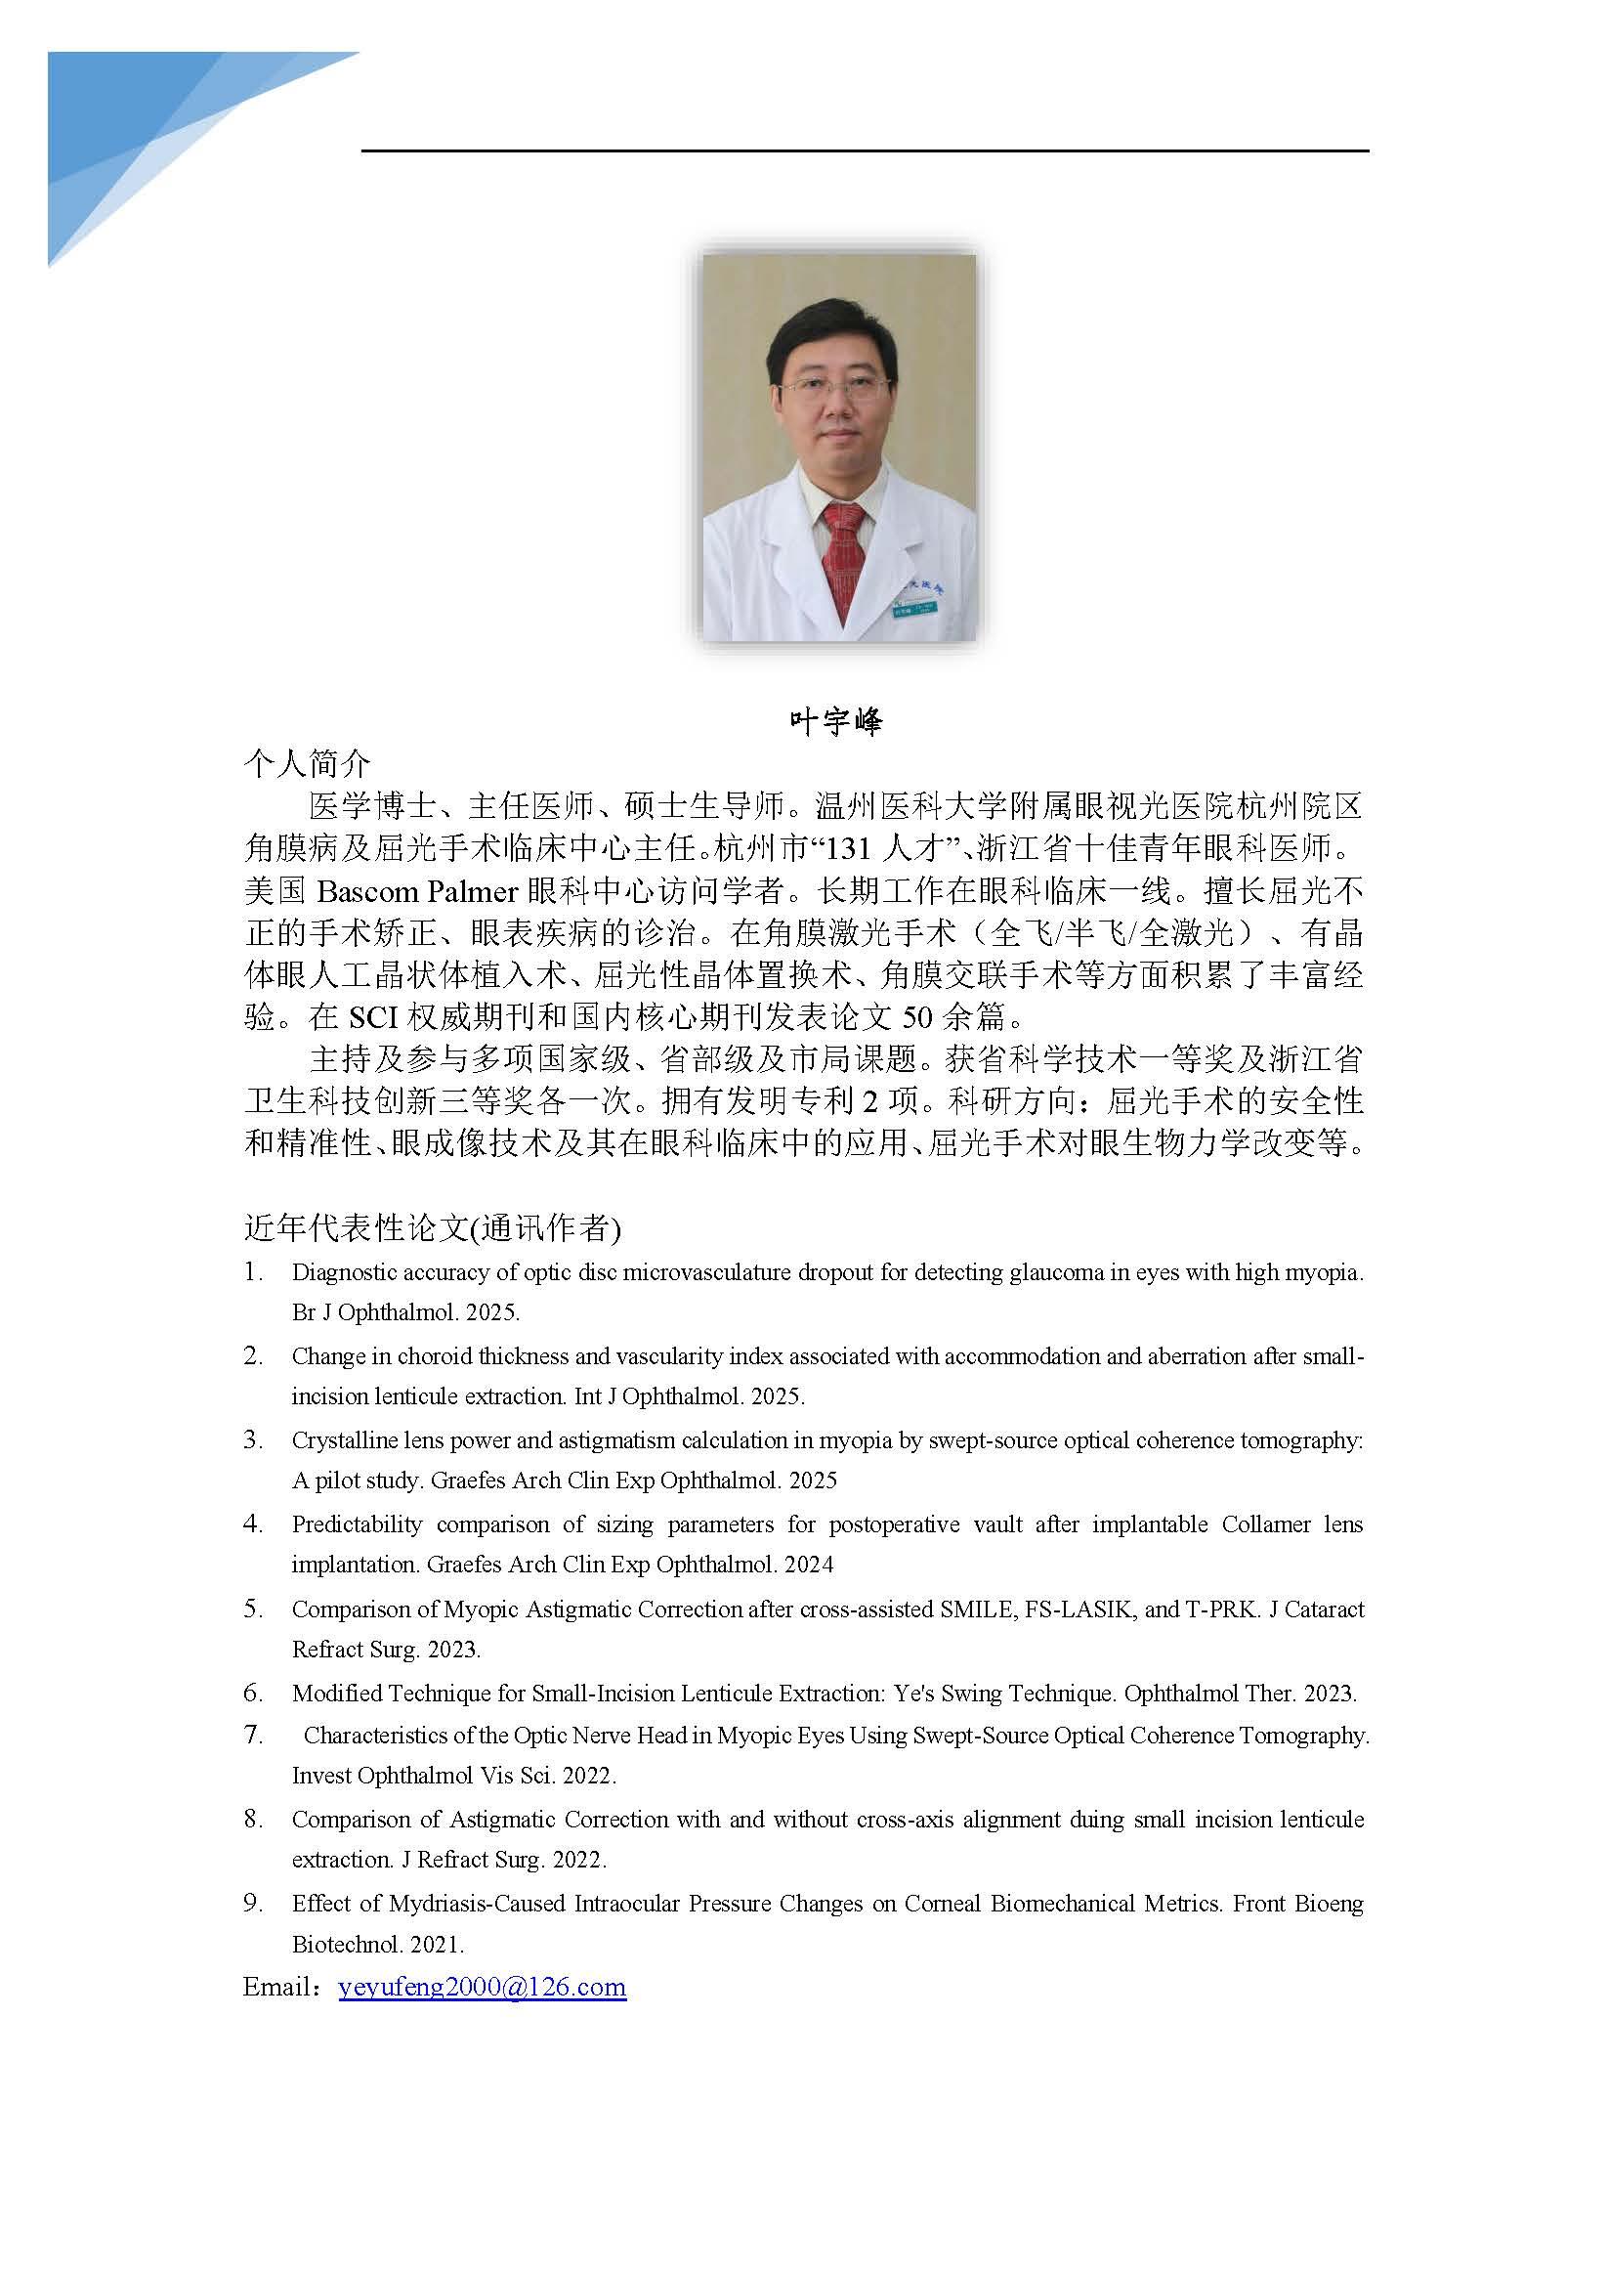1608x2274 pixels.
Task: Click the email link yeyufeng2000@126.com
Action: point(483,1988)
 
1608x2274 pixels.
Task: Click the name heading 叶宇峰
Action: point(834,721)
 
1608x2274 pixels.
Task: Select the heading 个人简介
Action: point(307,762)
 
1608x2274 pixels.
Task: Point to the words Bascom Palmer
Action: point(417,892)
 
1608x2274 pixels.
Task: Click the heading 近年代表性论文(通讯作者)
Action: point(432,1228)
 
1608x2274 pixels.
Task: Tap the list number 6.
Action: point(252,1693)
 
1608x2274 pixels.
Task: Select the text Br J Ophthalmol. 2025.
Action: point(405,1312)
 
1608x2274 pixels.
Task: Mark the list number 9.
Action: point(252,1903)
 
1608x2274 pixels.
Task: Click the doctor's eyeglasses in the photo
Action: point(834,387)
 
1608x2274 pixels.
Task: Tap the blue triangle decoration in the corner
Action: point(139,129)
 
